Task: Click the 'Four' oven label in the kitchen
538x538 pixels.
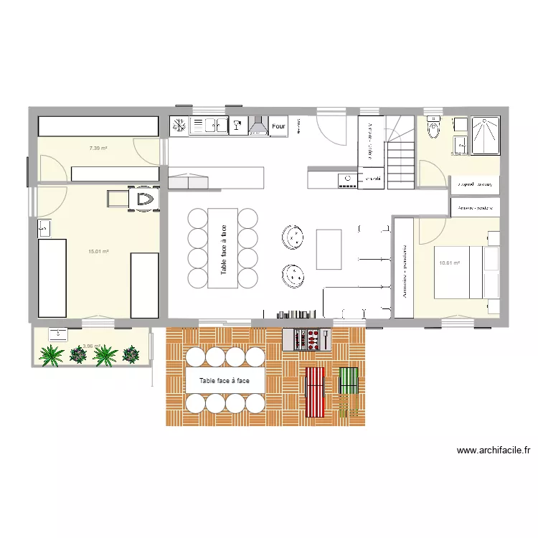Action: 278,126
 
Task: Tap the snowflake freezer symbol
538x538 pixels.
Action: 179,126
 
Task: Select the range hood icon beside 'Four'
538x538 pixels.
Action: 258,126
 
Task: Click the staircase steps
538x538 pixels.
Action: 402,161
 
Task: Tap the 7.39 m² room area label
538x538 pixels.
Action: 98,148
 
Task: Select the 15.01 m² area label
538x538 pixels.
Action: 98,252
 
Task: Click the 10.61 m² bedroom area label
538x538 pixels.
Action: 449,263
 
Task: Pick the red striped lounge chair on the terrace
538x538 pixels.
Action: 315,392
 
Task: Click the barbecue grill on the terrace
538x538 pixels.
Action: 307,339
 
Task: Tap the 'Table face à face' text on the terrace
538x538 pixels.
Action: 225,381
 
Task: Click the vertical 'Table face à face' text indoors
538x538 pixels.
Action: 223,248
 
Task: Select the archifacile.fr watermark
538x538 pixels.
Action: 494,451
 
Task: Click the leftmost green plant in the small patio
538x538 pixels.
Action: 52,354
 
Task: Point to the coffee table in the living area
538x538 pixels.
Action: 329,248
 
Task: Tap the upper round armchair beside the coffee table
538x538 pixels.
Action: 291,235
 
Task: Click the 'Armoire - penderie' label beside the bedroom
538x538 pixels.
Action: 405,268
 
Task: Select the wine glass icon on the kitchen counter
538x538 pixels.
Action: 236,126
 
